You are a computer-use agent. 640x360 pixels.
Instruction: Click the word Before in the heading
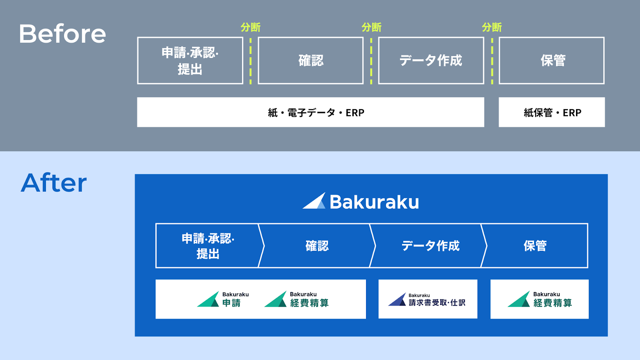62,34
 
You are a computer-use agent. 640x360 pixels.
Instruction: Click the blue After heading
54,183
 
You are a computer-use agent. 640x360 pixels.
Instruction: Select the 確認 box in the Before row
310,60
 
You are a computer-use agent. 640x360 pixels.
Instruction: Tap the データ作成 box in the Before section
431,60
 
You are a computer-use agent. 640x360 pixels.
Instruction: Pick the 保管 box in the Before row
552,60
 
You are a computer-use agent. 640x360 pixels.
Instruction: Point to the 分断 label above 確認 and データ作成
371,27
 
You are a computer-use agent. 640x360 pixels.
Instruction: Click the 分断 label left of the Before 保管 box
492,27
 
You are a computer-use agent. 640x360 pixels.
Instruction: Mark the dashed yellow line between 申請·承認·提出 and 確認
250,61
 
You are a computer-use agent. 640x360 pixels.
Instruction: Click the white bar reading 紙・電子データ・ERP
310,112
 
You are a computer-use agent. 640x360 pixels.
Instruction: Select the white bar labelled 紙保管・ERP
552,112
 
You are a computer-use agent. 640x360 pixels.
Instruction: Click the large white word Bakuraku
374,202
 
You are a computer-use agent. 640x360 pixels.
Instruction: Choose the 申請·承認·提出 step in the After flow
208,246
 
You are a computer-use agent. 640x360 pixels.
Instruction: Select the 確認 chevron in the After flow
317,246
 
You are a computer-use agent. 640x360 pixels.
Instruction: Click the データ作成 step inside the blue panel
430,246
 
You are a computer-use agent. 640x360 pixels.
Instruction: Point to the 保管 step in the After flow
535,246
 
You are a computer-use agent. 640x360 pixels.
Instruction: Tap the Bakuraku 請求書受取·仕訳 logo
427,299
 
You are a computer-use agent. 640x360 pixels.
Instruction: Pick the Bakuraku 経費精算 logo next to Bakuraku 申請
296,299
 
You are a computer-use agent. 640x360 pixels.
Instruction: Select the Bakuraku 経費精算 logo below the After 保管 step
540,299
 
